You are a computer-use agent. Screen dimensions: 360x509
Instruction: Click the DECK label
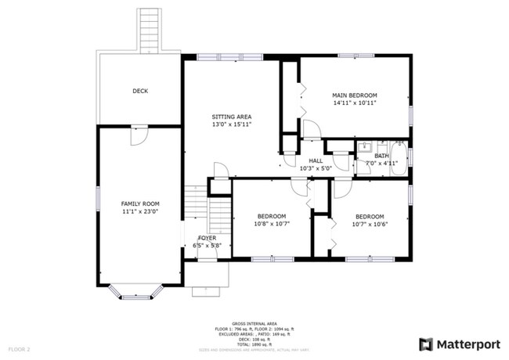tap(139, 92)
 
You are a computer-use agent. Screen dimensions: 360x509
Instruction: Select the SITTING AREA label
tap(231, 116)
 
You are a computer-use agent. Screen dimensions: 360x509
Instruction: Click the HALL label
tap(316, 160)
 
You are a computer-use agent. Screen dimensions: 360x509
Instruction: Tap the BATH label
tap(381, 156)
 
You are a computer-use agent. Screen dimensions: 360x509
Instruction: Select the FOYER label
tap(208, 237)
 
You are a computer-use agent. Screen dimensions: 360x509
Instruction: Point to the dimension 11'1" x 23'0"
tap(139, 211)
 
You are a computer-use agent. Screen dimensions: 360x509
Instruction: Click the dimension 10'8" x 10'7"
tap(272, 224)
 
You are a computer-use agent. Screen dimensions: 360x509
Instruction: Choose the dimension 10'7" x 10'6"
tap(370, 224)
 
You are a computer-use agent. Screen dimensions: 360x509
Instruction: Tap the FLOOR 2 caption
tap(19, 348)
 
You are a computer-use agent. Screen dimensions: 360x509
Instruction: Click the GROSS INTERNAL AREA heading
tap(254, 322)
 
